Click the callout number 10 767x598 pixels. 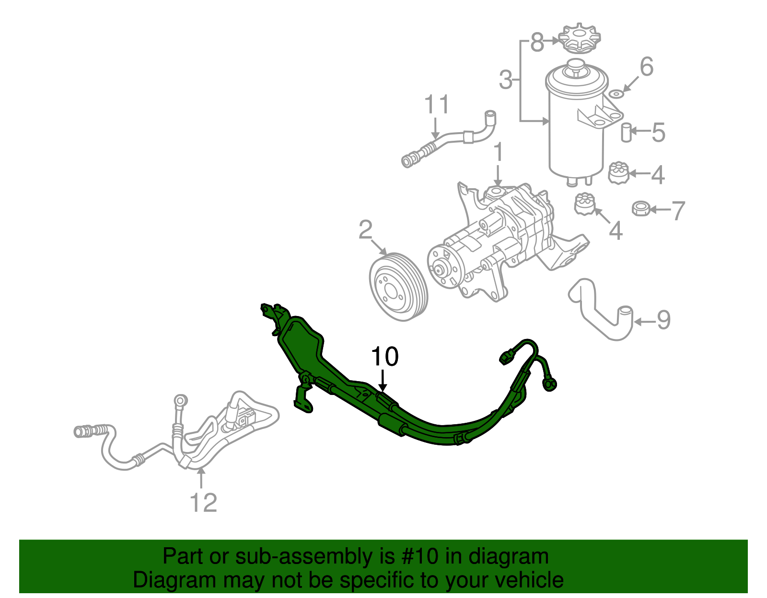pos(384,357)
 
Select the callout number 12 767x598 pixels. pos(203,502)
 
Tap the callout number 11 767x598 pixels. pos(437,104)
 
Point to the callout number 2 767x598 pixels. pos(365,230)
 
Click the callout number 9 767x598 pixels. pos(663,320)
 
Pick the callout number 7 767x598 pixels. pos(678,210)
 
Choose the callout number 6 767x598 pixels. pos(646,67)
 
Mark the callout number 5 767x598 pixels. pos(658,132)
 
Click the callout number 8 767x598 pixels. pos(537,42)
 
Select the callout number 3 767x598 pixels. pos(506,80)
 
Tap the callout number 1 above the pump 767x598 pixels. pos(499,152)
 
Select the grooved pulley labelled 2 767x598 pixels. pos(399,286)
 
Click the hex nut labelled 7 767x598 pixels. pos(640,208)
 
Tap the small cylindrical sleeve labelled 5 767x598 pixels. pos(626,132)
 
